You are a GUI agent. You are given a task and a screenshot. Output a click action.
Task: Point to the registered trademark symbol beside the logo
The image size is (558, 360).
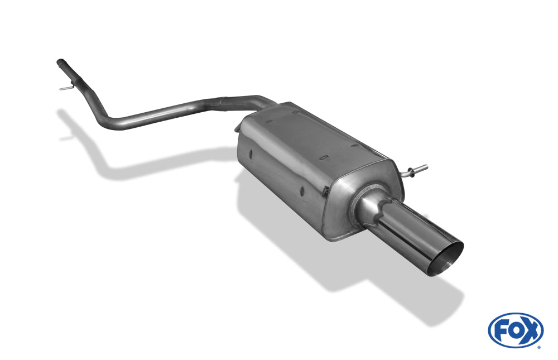click(539, 347)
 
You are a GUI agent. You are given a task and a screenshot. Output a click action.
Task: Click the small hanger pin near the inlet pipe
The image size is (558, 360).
click(67, 87)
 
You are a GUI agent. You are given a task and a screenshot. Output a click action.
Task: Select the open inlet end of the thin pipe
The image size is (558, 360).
click(60, 63)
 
